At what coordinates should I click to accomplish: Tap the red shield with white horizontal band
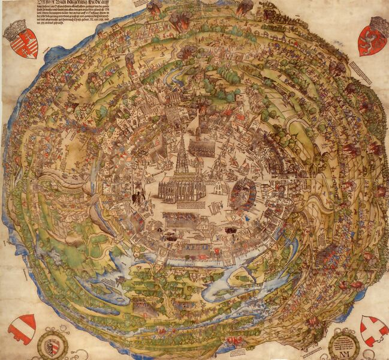pos(22,328)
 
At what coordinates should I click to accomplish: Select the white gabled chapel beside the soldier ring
pos(222,190)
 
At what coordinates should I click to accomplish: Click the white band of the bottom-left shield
pos(22,328)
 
